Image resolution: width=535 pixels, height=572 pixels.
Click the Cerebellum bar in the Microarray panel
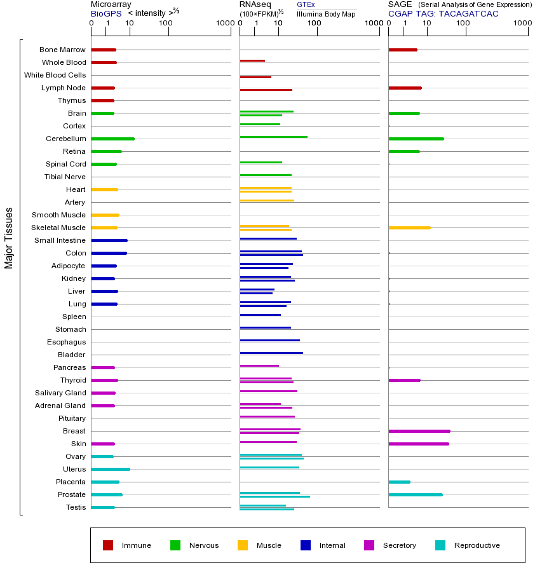(112, 139)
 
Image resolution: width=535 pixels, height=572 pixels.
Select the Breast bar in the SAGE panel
(419, 431)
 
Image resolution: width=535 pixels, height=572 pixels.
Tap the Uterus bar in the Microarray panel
(111, 469)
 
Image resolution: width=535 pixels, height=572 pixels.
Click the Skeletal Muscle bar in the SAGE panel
(409, 228)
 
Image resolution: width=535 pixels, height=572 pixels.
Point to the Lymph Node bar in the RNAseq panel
(266, 90)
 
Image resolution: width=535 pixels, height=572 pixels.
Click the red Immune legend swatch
(108, 545)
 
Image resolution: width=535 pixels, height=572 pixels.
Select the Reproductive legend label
(477, 545)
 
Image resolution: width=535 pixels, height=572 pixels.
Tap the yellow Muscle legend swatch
(243, 545)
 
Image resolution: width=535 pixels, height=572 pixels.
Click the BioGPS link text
(106, 13)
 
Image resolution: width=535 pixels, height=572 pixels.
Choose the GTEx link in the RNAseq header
(306, 4)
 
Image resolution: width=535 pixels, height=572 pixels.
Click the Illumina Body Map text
(326, 13)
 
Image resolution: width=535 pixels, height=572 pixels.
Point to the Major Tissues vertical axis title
(9, 238)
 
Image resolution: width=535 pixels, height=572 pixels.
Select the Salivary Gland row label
(60, 393)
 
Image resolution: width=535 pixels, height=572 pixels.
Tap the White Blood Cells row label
(55, 75)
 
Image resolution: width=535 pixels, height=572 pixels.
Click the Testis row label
(75, 507)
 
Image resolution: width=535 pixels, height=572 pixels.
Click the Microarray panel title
(111, 4)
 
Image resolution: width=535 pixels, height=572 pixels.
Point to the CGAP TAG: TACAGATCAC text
(444, 13)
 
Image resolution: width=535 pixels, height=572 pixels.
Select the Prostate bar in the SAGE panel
(415, 494)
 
